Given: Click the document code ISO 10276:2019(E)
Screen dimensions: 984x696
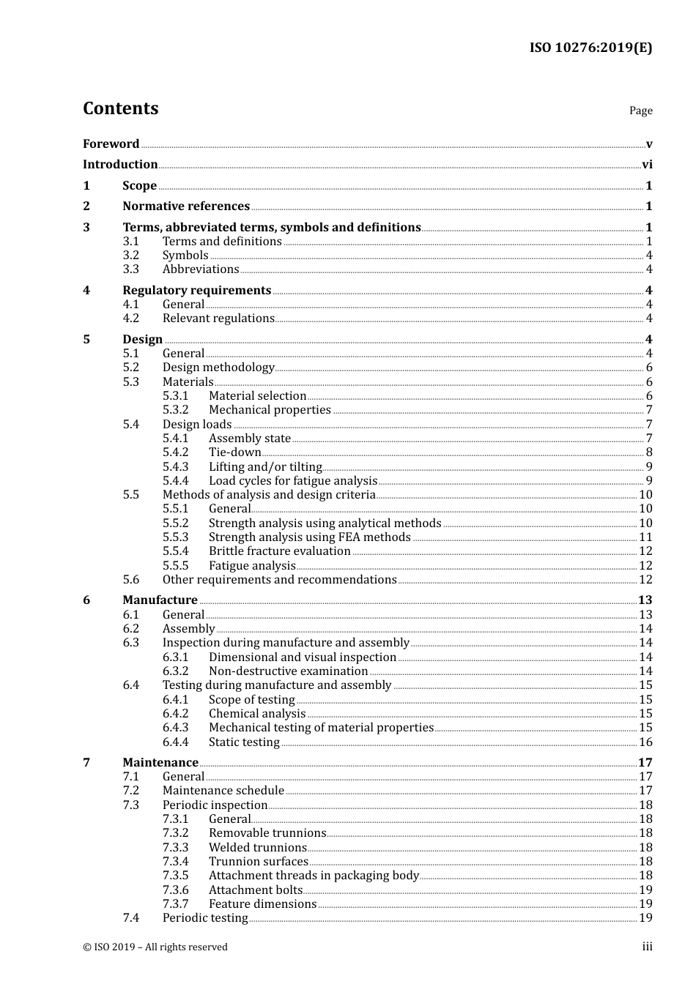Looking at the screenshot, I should click(x=591, y=48).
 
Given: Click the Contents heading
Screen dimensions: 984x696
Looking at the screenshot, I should click(x=120, y=108).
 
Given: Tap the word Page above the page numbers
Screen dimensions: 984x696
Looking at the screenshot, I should click(x=640, y=111).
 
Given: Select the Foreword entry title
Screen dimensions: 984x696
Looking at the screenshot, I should click(x=111, y=144).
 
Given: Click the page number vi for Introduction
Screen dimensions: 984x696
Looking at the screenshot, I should click(x=647, y=165).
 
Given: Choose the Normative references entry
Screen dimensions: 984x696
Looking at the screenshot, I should click(x=186, y=206).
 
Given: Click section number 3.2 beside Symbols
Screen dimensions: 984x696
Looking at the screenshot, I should click(x=130, y=256).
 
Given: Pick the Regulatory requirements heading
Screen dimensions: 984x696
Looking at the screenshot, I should click(x=196, y=291).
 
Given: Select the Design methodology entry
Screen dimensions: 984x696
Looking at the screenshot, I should click(x=218, y=368).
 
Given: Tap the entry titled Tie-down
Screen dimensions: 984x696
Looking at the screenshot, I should click(x=234, y=452).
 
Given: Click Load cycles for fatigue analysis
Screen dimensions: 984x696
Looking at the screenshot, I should click(x=292, y=481).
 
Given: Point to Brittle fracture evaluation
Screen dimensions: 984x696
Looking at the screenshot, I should click(x=279, y=551).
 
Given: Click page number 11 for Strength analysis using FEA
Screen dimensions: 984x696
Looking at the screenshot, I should click(x=645, y=537).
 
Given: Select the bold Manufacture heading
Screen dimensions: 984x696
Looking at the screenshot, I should click(x=160, y=600).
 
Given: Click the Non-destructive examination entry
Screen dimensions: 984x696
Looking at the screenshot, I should click(x=288, y=671).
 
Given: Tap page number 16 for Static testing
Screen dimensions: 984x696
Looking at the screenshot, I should click(x=645, y=742).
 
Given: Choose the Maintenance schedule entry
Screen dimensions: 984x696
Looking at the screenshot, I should click(x=223, y=791).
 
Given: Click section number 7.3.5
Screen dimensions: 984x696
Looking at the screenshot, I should click(x=175, y=876).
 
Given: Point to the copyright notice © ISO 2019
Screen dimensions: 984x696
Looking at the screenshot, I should click(x=155, y=947).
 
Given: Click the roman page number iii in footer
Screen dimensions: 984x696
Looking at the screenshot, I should click(x=647, y=947).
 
